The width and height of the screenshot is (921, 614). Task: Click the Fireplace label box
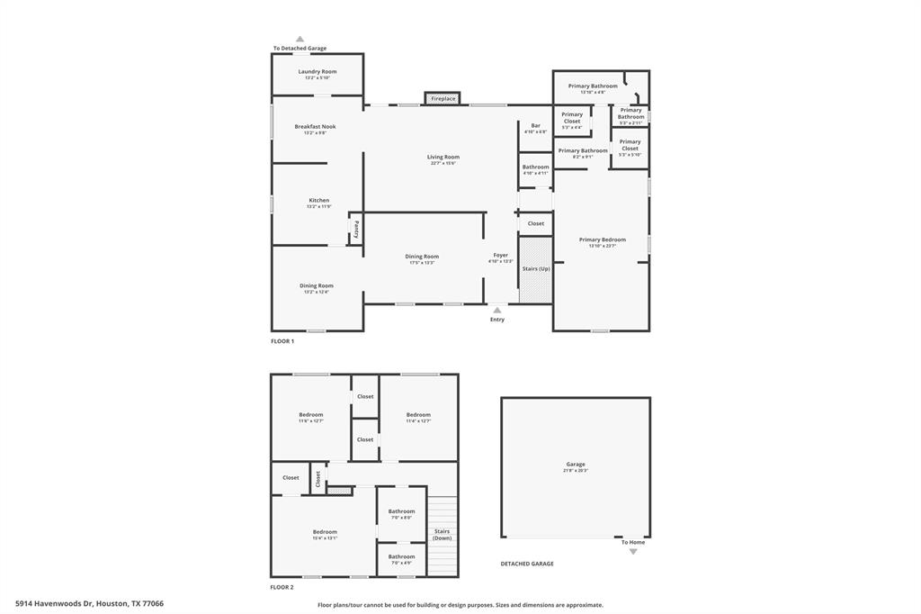point(443,98)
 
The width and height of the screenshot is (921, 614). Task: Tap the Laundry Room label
point(317,72)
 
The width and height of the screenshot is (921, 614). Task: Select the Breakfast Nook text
point(315,127)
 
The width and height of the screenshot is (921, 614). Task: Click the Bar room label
point(535,126)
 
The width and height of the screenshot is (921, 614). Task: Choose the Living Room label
point(443,158)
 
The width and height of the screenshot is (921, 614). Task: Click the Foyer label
point(500,256)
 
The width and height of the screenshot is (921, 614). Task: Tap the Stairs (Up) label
point(536,268)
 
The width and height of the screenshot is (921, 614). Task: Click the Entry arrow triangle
point(497,310)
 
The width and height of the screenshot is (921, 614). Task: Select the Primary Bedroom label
point(602,239)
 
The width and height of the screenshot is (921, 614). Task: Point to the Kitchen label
point(318,201)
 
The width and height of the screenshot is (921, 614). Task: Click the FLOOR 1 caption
point(282,341)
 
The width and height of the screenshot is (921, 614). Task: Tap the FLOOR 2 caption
point(282,587)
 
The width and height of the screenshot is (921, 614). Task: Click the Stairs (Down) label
point(442,534)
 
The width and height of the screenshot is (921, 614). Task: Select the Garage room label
point(576,465)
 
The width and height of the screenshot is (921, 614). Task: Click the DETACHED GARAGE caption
point(527,564)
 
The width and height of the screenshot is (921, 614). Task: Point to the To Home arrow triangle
point(632,551)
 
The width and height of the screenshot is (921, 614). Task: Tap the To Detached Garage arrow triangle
point(300,40)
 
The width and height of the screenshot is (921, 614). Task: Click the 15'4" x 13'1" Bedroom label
point(325,532)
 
